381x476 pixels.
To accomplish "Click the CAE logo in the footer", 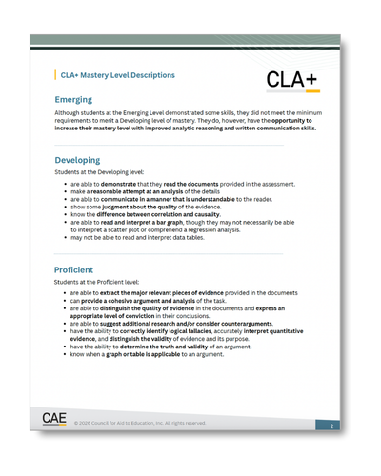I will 54,419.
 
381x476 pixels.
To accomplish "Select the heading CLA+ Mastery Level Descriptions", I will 117,74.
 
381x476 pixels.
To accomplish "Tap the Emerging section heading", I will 81,98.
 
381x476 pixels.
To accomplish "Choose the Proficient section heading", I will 85,270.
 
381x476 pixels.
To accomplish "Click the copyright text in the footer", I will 140,423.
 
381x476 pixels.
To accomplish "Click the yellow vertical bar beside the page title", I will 55,74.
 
